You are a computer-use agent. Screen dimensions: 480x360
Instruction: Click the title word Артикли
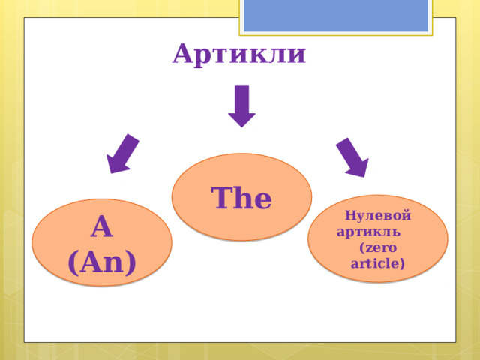click(238, 55)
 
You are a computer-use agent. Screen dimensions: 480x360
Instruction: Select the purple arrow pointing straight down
click(241, 105)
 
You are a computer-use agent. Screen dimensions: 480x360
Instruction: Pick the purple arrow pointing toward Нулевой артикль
click(352, 157)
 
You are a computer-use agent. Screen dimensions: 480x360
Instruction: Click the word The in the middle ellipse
click(241, 199)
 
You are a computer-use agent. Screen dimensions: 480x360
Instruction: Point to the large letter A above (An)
click(101, 226)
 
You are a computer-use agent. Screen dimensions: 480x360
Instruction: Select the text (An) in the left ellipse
click(102, 261)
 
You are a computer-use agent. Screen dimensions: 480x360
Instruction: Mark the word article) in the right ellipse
click(378, 263)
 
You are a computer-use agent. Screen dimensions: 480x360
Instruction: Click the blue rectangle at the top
click(336, 15)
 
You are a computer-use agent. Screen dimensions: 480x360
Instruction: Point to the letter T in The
click(222, 198)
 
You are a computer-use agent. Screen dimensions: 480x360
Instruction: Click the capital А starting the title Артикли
click(183, 55)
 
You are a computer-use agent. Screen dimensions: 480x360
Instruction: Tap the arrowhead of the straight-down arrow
click(241, 119)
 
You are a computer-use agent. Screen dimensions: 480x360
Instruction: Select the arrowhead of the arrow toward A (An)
click(116, 164)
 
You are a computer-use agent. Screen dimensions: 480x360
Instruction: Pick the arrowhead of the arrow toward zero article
click(358, 167)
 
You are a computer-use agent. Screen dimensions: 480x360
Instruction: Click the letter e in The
click(262, 201)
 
